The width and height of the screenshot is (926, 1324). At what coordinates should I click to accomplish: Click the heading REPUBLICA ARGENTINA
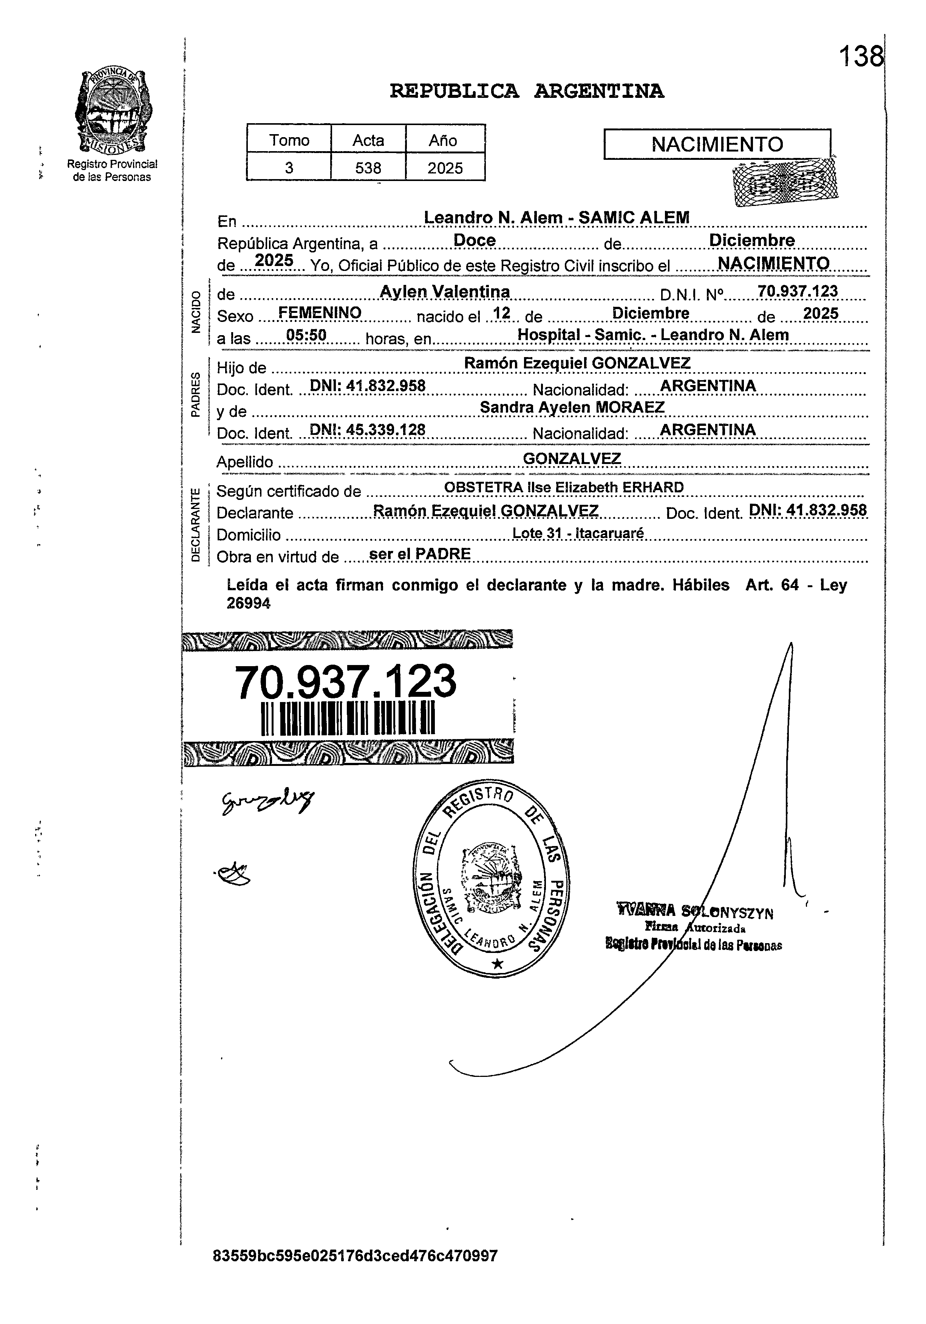pos(526,91)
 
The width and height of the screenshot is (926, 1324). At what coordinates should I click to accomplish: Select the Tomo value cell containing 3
pos(289,168)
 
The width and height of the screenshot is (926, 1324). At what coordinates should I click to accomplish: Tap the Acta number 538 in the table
pos(368,168)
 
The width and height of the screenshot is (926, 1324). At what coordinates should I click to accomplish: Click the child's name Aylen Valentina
pos(445,292)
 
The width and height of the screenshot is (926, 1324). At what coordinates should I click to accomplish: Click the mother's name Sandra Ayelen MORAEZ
pos(572,407)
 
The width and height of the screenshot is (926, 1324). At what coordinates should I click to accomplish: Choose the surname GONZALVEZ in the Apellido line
pos(571,458)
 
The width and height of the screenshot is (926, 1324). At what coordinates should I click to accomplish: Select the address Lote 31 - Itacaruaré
pos(578,534)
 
